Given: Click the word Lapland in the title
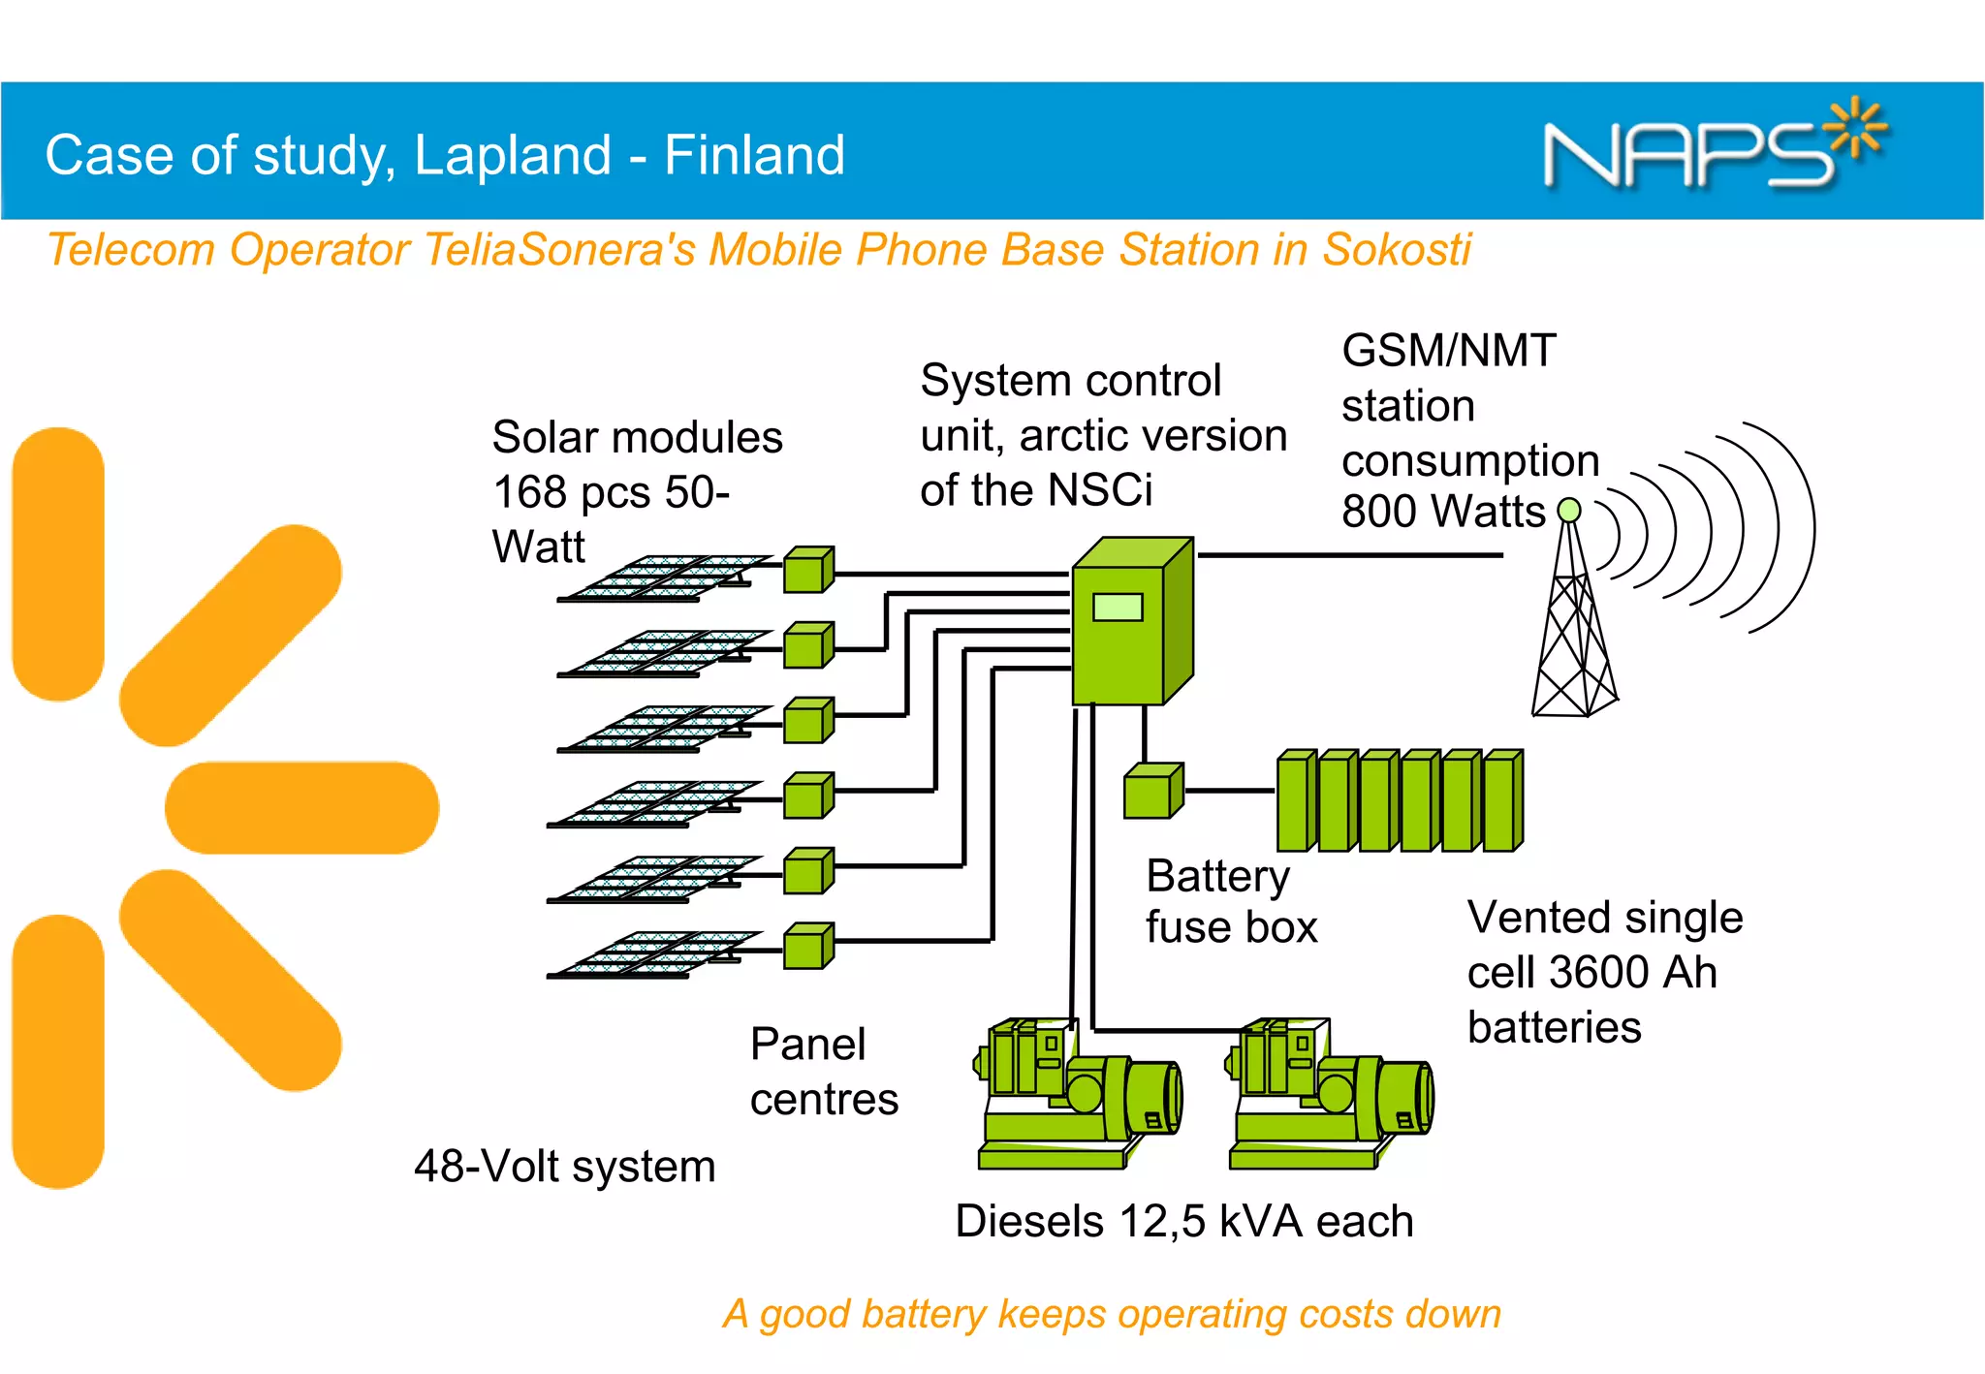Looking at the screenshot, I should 513,155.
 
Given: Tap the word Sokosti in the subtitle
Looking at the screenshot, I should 1397,249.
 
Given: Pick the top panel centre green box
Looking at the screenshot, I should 807,570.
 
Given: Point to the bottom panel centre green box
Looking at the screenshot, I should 807,946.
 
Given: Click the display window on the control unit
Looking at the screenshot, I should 1118,608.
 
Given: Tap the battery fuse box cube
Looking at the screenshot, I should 1151,792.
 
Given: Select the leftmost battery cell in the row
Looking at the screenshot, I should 1296,801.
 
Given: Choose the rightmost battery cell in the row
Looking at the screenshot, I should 1503,801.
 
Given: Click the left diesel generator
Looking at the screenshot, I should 1078,1095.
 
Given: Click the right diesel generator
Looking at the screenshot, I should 1330,1095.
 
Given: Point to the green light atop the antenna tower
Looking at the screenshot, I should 1568,510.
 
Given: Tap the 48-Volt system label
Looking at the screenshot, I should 564,1167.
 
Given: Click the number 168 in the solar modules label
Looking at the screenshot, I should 529,492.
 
